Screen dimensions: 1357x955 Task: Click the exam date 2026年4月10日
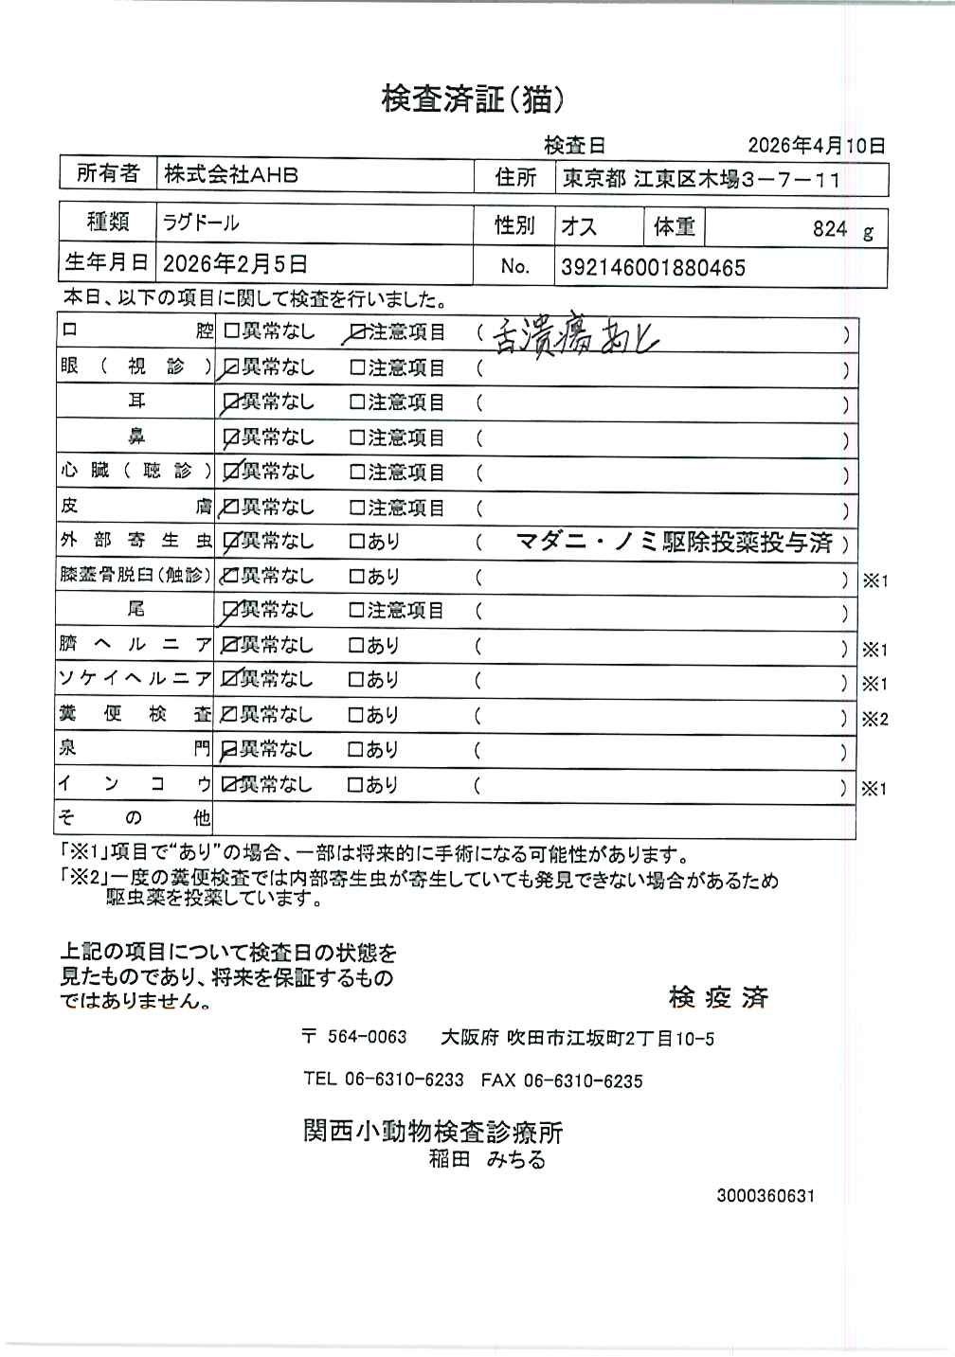[816, 146]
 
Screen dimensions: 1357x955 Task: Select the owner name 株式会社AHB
[231, 175]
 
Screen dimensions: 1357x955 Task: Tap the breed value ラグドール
[201, 223]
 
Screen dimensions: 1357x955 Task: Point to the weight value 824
[829, 228]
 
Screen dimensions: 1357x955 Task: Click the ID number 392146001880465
[653, 268]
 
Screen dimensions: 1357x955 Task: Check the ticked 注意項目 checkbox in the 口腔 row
[357, 333]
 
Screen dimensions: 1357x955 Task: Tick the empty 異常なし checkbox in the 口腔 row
[231, 333]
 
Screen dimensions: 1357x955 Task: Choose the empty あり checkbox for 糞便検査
[357, 716]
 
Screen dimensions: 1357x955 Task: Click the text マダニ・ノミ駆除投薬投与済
[674, 542]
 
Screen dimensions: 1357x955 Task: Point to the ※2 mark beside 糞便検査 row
[874, 720]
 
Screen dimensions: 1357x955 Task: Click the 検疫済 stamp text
[718, 997]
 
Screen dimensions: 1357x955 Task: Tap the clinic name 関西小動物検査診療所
[433, 1132]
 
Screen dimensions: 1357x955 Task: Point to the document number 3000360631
[766, 1196]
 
